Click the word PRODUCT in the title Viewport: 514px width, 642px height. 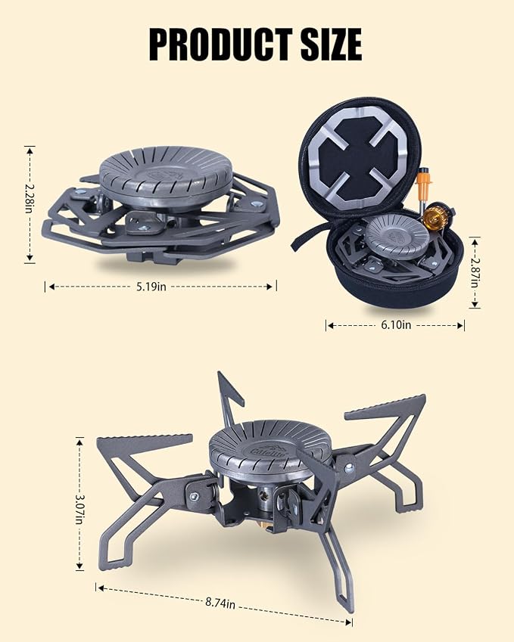pos(221,44)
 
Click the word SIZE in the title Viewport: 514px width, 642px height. pos(332,44)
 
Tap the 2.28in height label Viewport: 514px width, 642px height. pos(29,198)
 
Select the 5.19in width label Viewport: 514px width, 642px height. pos(151,287)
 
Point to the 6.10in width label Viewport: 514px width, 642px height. pos(396,325)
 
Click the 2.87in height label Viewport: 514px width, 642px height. pos(475,272)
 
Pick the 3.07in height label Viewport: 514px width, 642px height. pos(79,510)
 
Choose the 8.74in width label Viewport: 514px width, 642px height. pos(220,603)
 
